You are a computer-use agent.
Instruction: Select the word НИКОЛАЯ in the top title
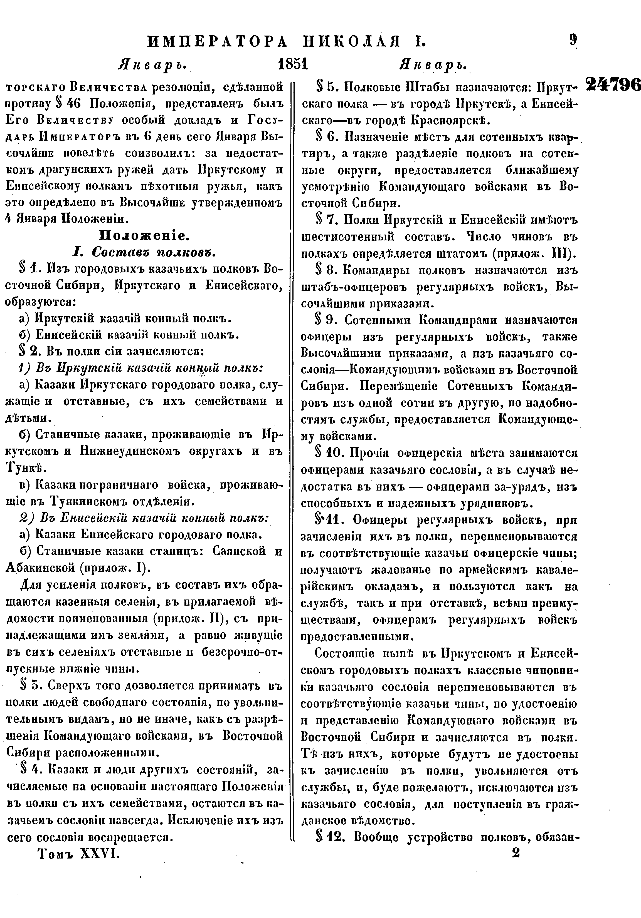[x=349, y=41]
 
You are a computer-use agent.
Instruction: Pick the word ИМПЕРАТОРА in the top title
[x=218, y=41]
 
